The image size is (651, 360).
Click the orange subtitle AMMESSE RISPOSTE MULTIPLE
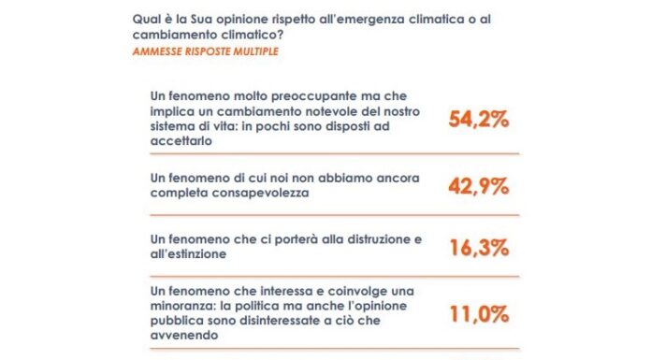click(199, 50)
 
